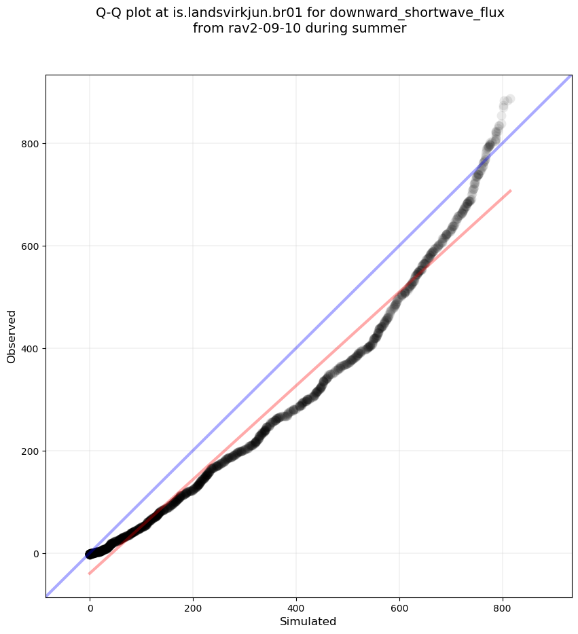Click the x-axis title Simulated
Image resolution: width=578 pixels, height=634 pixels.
(308, 621)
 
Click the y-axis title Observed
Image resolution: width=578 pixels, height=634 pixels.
(12, 336)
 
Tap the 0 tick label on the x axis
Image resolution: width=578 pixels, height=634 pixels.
(90, 605)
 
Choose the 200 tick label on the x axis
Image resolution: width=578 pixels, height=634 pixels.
(193, 605)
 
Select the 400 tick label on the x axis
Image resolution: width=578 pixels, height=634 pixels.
(296, 605)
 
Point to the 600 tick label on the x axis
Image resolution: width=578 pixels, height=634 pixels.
(399, 605)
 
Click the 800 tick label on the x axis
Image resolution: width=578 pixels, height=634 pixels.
(503, 605)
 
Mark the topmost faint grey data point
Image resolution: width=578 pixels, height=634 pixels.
(509, 99)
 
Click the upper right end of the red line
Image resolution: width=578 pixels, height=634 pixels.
(510, 191)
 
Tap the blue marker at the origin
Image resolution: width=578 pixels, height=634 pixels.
(90, 554)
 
